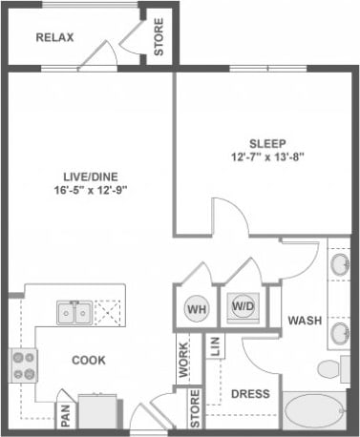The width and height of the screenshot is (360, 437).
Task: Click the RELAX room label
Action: tap(54, 38)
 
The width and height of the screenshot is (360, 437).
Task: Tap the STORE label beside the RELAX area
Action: tap(159, 36)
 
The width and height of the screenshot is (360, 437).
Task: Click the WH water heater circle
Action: tap(196, 308)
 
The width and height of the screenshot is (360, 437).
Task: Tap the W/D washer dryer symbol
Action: tap(243, 306)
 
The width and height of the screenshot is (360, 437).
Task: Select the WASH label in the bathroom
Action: tap(305, 321)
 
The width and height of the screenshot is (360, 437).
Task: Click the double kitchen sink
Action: tap(74, 312)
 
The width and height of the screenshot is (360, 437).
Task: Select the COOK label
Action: tap(88, 360)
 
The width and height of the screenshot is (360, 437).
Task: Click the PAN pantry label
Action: tap(66, 415)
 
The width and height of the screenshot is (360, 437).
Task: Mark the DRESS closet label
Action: tap(250, 393)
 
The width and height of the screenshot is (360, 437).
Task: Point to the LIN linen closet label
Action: tap(215, 345)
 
